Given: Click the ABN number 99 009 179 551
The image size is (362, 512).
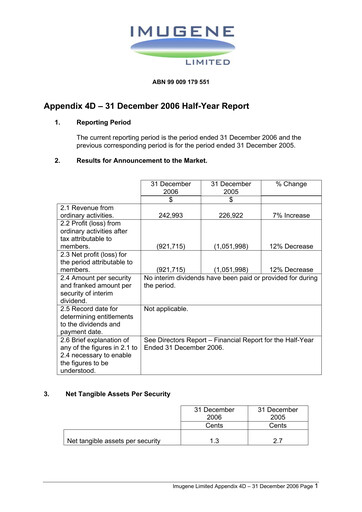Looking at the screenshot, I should coord(180,79).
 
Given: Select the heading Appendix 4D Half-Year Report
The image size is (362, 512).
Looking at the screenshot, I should coord(163,106).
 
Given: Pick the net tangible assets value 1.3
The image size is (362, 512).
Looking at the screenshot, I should coord(229,440).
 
